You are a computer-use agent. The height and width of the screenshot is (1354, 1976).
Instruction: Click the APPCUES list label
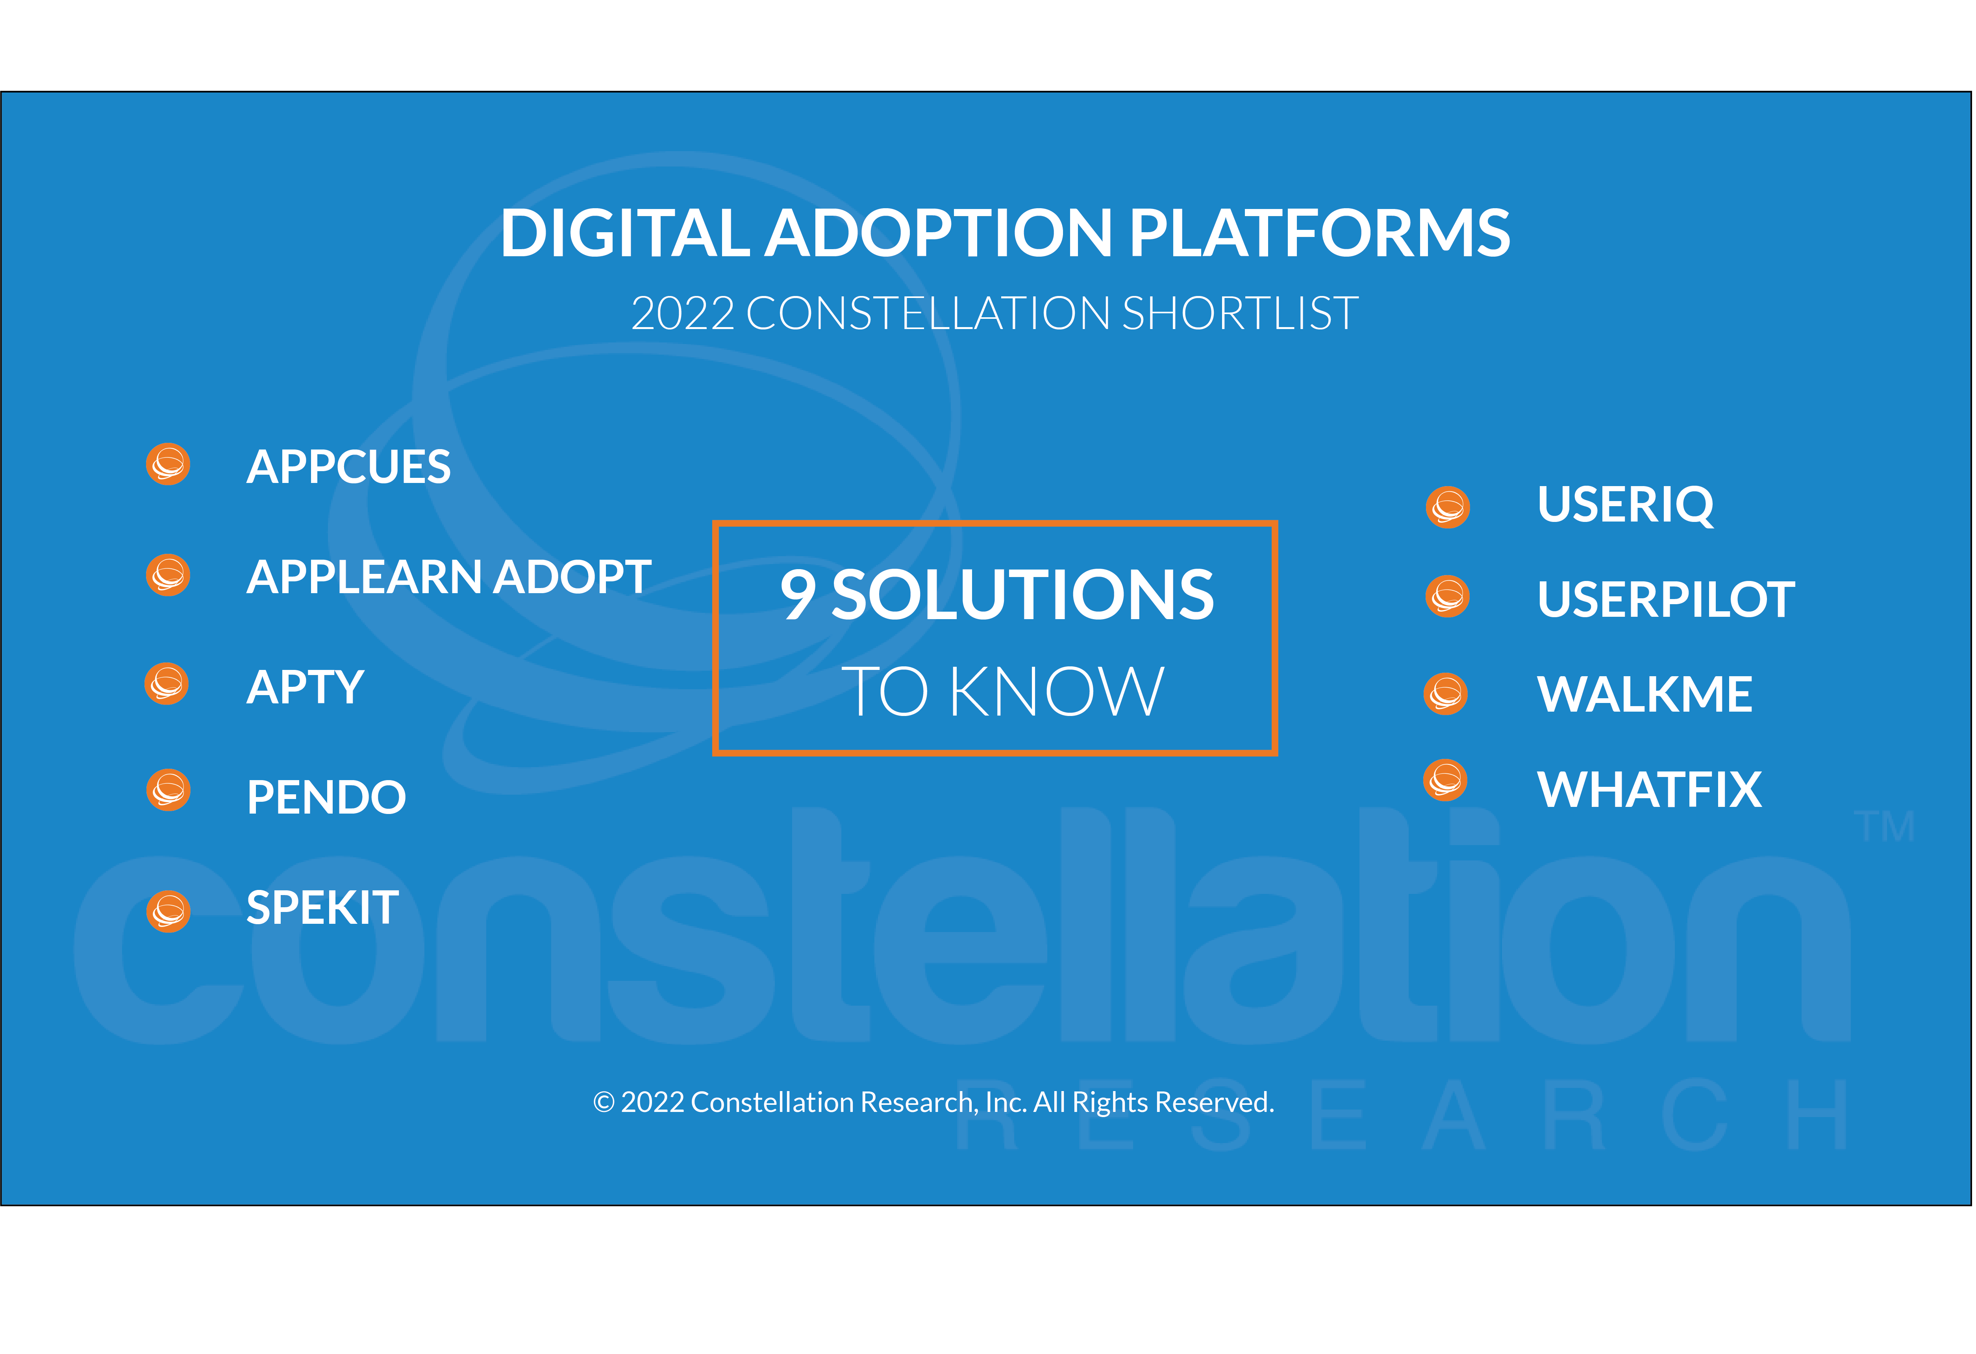point(348,467)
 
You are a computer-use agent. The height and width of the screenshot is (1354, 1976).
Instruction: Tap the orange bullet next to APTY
point(167,684)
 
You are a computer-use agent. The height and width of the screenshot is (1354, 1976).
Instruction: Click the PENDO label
point(326,797)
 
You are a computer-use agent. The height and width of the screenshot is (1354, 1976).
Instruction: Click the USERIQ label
point(1626,505)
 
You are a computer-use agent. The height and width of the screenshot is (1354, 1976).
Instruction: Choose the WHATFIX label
point(1650,790)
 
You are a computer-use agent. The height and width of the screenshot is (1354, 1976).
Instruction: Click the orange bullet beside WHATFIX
point(1445,779)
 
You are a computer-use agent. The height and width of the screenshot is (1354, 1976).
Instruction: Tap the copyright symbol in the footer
point(604,1102)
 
